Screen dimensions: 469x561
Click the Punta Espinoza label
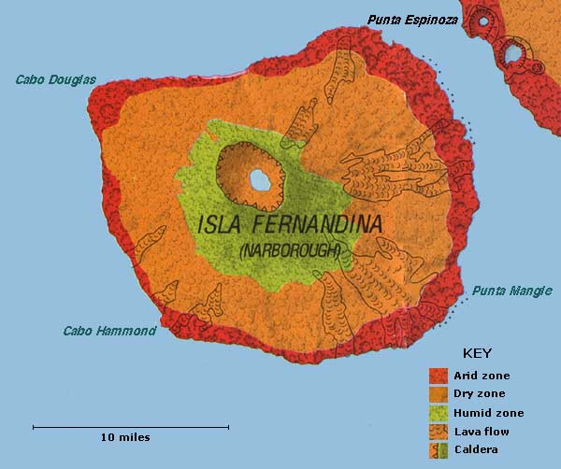pyautogui.click(x=412, y=19)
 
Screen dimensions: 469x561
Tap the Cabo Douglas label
pyautogui.click(x=56, y=80)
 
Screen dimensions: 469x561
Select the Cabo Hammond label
pyautogui.click(x=108, y=331)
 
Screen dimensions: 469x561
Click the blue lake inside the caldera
pyautogui.click(x=260, y=178)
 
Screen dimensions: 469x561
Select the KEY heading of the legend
pyautogui.click(x=477, y=354)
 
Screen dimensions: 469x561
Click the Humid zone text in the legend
pyautogui.click(x=489, y=412)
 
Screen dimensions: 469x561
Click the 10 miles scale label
pyautogui.click(x=125, y=437)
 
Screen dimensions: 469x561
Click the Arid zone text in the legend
pyautogui.click(x=482, y=376)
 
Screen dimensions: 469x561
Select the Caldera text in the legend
pyautogui.click(x=475, y=449)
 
